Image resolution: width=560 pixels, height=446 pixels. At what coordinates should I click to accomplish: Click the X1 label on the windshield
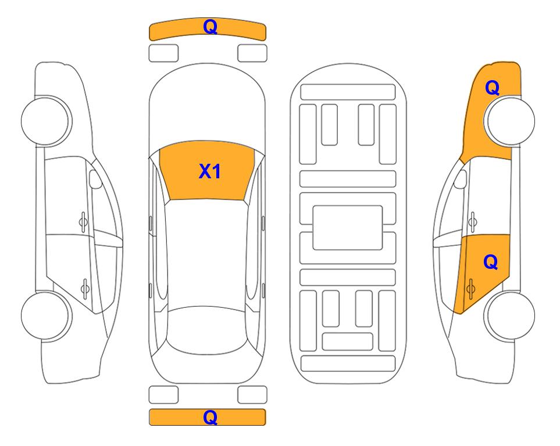(210, 171)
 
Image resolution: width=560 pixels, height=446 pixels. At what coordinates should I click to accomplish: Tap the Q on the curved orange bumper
(210, 27)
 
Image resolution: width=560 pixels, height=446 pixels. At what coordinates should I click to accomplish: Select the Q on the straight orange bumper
(210, 417)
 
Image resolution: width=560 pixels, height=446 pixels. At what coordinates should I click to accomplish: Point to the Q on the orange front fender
(492, 88)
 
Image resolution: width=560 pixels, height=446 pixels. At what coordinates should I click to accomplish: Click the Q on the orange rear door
(490, 262)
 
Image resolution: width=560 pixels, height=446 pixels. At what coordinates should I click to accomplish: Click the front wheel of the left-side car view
(46, 121)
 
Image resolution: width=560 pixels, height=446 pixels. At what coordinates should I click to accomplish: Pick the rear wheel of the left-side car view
(46, 315)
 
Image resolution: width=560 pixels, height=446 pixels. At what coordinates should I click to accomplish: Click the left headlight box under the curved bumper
(163, 53)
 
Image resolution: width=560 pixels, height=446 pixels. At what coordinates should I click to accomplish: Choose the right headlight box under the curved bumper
(252, 53)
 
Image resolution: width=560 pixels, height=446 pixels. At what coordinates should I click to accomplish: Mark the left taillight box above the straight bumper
(163, 395)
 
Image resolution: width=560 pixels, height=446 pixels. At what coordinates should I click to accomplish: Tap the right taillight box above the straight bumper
(252, 395)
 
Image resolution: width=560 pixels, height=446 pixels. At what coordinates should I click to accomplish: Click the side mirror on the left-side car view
(95, 179)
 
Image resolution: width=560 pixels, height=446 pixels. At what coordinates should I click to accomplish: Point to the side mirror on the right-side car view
(461, 179)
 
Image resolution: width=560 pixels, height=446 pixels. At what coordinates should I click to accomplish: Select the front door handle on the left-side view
(83, 222)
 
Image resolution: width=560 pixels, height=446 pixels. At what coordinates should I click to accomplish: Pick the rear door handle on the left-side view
(85, 288)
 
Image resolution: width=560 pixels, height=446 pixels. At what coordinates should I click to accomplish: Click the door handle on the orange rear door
(470, 289)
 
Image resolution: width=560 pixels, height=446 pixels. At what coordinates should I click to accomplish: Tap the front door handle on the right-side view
(473, 222)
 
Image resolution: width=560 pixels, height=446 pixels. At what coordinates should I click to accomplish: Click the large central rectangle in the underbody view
(348, 228)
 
